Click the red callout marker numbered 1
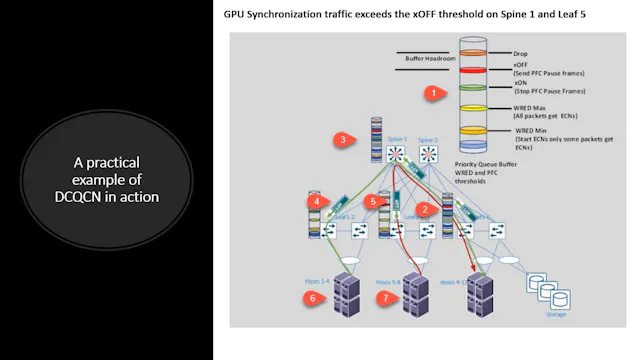(x=433, y=93)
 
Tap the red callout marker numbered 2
(x=425, y=209)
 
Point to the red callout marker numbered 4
(x=317, y=202)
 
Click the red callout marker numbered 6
(x=313, y=298)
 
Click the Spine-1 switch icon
(x=398, y=154)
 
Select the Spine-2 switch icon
(x=430, y=154)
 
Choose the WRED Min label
(x=531, y=130)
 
